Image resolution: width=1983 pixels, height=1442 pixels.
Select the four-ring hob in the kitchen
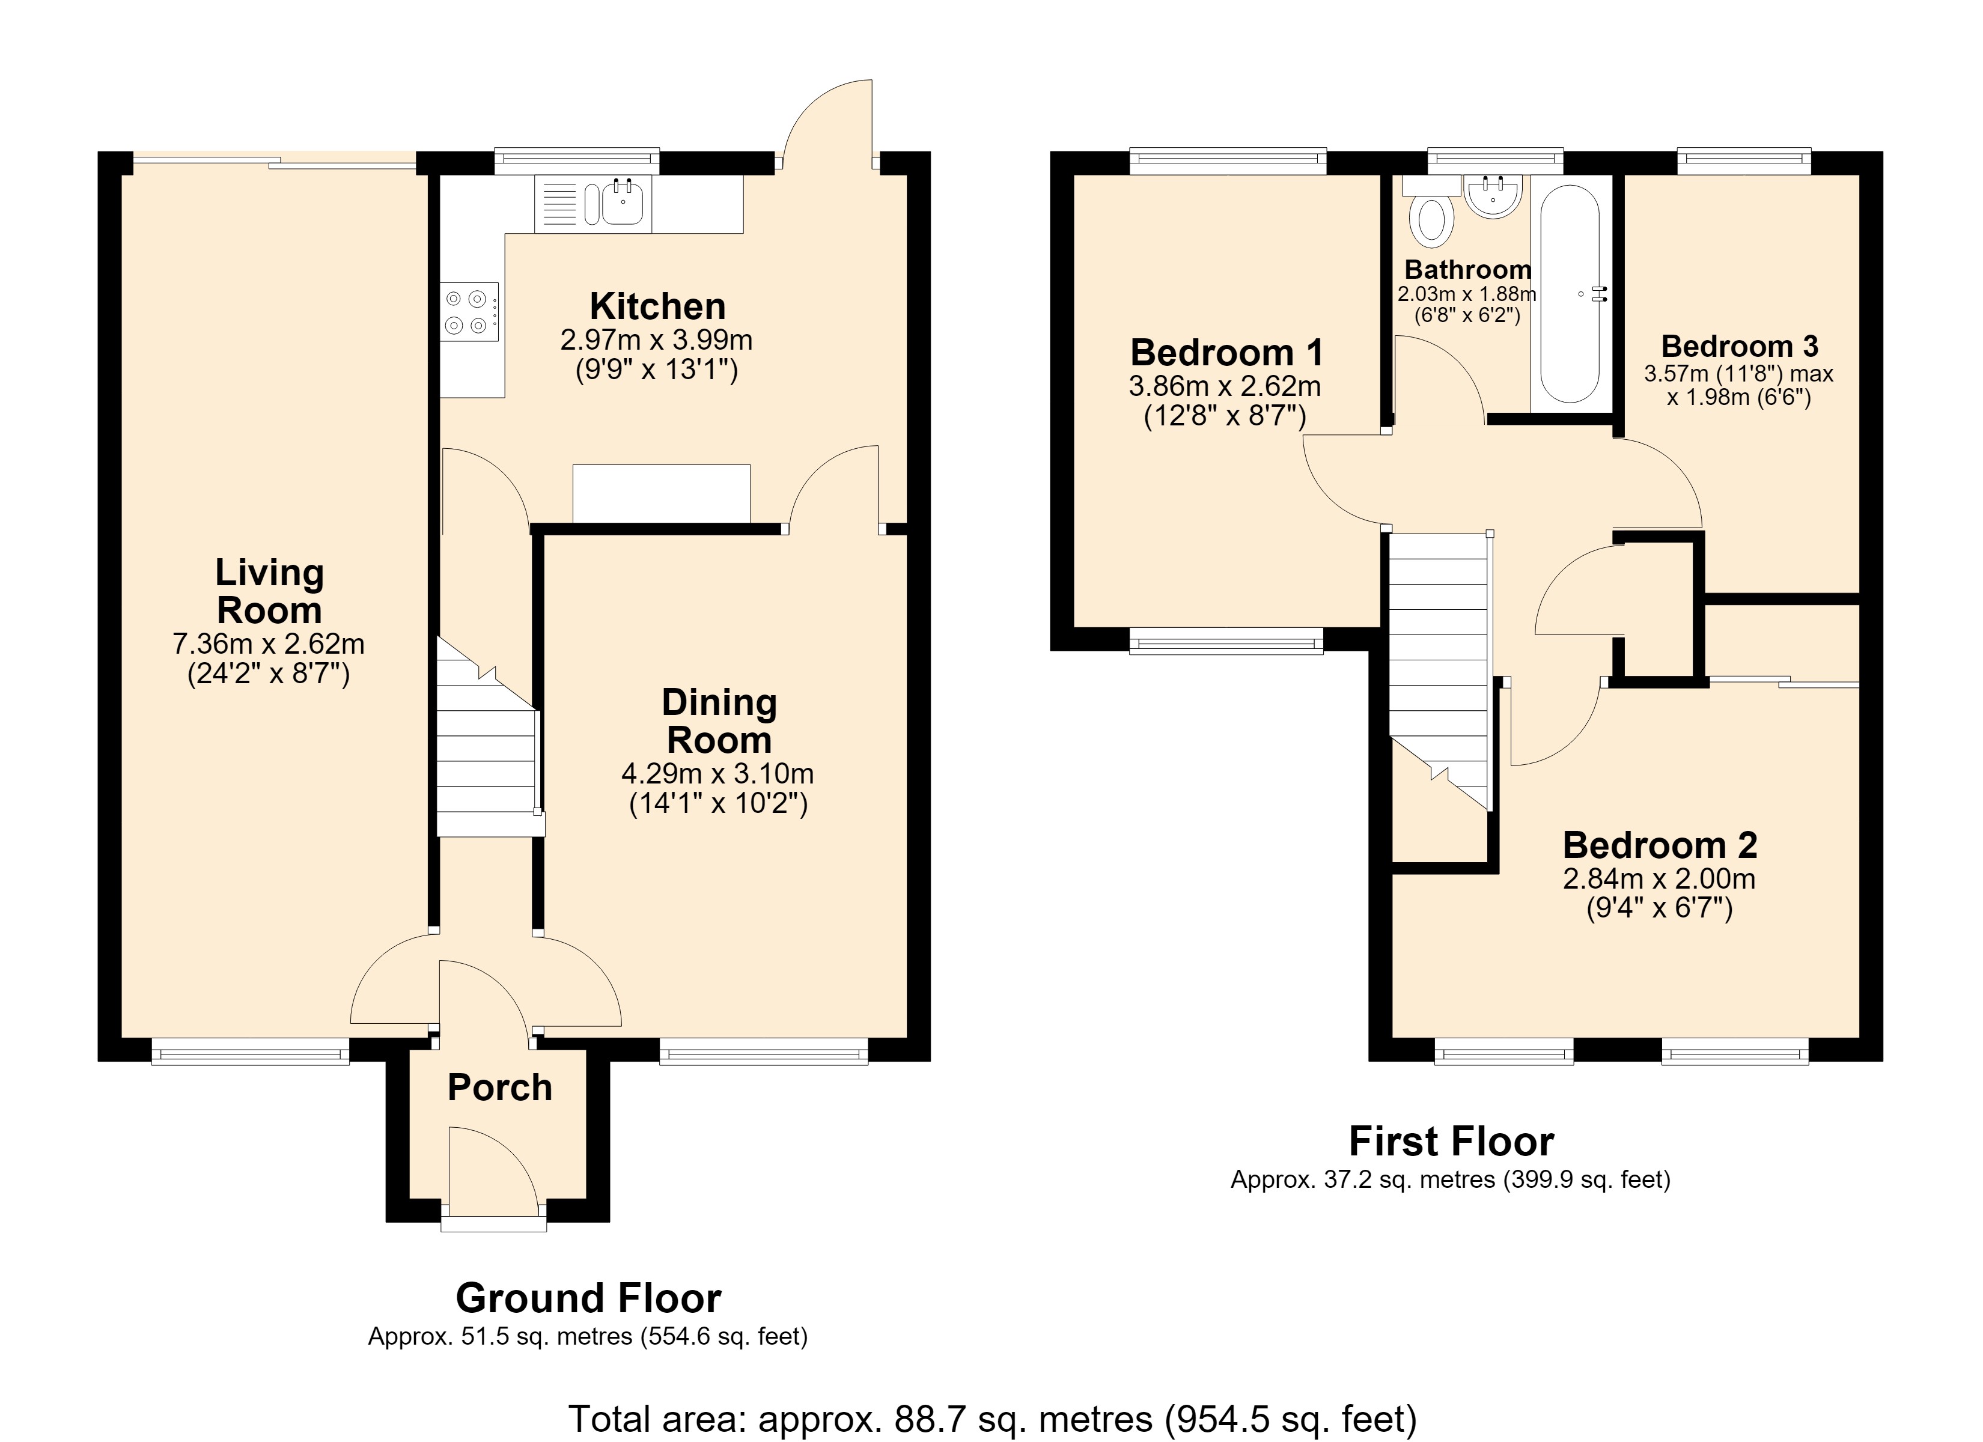tap(469, 311)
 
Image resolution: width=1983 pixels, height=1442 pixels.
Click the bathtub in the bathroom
tap(1570, 293)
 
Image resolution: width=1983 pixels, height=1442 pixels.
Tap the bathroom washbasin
tap(1493, 196)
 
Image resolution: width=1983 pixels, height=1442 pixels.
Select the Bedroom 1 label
tap(1226, 353)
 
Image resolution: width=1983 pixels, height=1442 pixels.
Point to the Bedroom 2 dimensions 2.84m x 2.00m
tap(1659, 878)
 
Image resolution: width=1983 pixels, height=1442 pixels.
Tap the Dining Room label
tap(719, 722)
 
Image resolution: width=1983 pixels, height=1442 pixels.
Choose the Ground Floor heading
tap(588, 1298)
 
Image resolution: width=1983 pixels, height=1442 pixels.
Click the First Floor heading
tap(1451, 1141)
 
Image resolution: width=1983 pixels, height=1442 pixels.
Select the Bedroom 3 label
tap(1739, 346)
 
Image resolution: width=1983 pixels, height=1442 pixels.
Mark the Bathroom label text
tap(1467, 269)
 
